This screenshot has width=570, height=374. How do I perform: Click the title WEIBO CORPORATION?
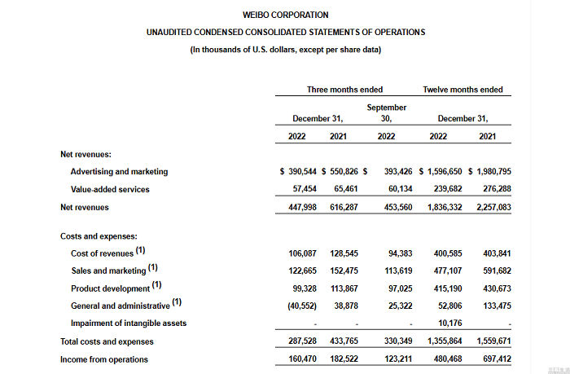pos(286,15)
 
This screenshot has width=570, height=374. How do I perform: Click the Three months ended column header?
pos(344,90)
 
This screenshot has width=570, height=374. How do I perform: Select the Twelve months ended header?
pos(463,90)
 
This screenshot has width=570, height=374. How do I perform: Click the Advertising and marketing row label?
pos(119,172)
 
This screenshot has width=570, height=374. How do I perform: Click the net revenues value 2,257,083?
pos(492,207)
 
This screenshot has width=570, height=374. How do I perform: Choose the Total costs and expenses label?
pos(107,341)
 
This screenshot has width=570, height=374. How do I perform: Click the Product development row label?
pos(111,288)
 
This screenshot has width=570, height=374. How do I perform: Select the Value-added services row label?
pos(110,189)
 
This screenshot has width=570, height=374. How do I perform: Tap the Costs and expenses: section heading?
pos(98,235)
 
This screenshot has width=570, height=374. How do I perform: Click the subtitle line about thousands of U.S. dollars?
pos(286,50)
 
